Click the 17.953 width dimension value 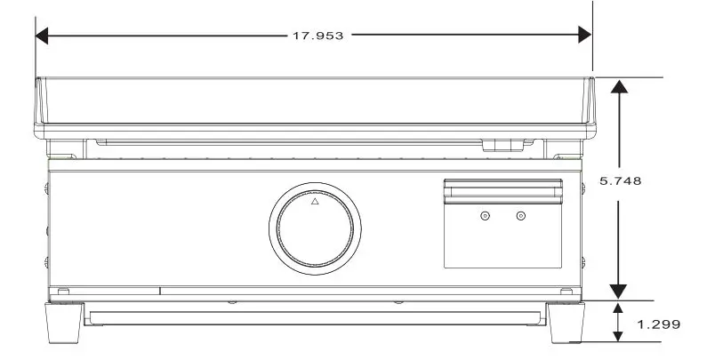(x=317, y=36)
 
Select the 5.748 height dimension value (x=621, y=180)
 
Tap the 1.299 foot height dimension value (x=658, y=324)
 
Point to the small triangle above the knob (x=314, y=202)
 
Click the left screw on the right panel (x=485, y=216)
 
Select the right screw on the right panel (x=521, y=216)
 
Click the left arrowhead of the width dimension (x=42, y=36)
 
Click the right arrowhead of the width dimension (x=584, y=36)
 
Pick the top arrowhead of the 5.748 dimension (x=618, y=85)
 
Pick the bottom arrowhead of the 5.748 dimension (x=618, y=292)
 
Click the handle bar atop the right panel (x=503, y=188)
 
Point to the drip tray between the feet (x=315, y=317)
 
